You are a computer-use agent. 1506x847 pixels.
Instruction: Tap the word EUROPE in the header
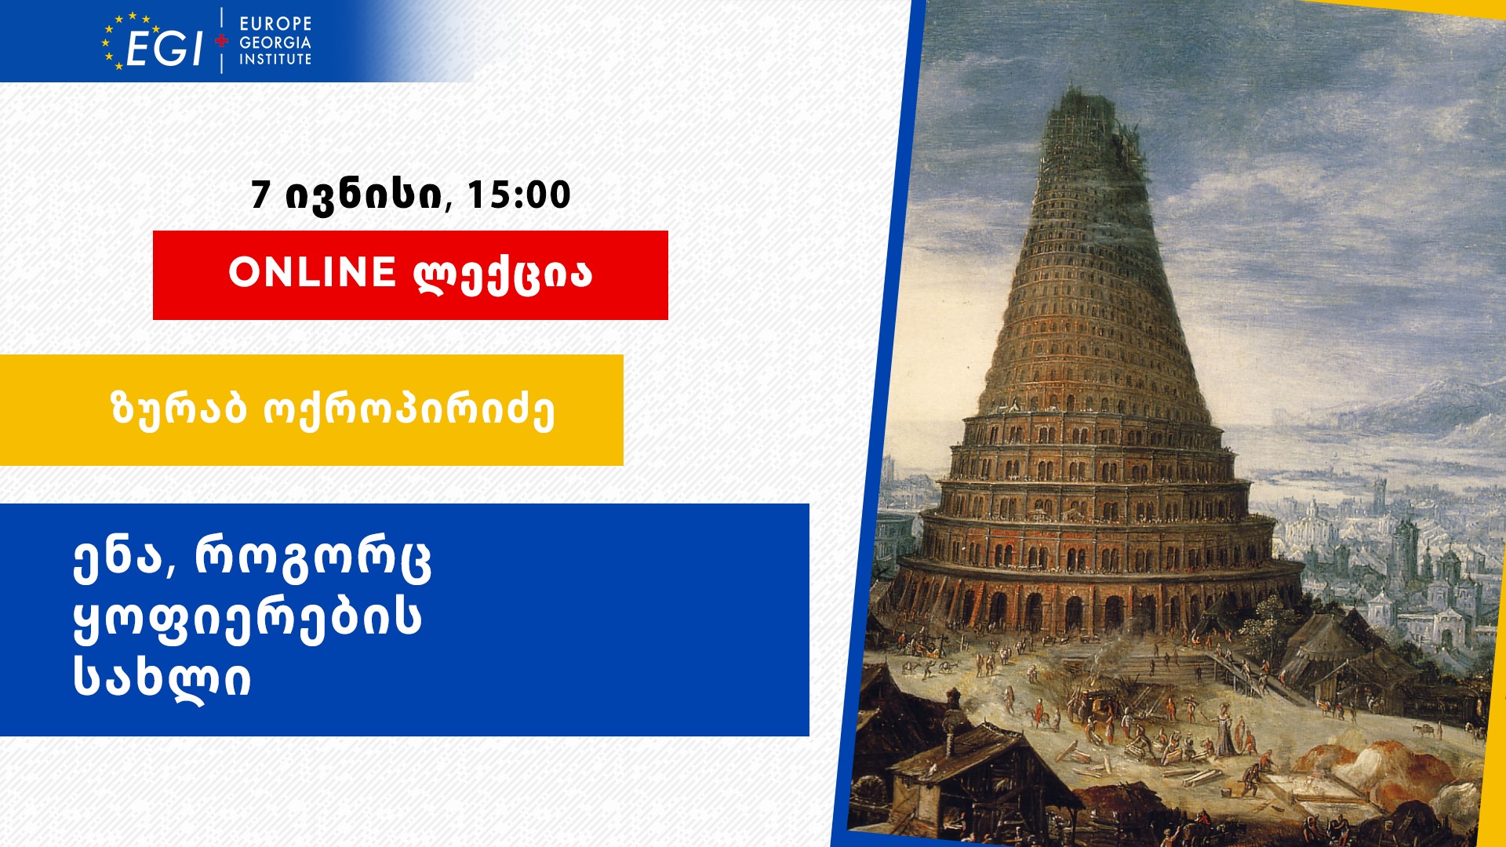[x=275, y=24]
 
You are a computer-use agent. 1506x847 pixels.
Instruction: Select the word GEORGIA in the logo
[x=275, y=42]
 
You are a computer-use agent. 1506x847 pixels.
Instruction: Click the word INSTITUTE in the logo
[x=275, y=59]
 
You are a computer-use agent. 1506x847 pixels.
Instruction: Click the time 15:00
[x=518, y=195]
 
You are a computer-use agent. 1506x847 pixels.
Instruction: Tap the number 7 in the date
[x=260, y=195]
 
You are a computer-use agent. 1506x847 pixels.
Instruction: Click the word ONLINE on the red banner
[x=312, y=272]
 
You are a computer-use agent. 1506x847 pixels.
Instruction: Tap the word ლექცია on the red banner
[x=503, y=274]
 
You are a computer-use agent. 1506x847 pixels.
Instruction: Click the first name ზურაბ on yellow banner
[x=180, y=409]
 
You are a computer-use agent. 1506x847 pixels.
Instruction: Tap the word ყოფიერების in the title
[x=247, y=619]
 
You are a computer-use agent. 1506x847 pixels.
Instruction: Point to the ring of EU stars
[x=125, y=41]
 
